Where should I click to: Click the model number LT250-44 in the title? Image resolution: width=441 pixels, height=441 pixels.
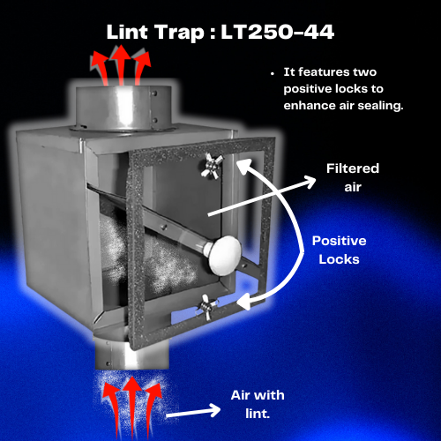pyautogui.click(x=278, y=32)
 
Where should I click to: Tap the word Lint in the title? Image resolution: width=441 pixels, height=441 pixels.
pyautogui.click(x=127, y=32)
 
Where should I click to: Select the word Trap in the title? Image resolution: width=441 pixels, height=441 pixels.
pyautogui.click(x=179, y=33)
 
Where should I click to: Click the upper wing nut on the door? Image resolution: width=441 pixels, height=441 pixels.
pyautogui.click(x=212, y=166)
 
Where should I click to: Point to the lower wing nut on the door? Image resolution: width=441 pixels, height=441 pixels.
pyautogui.click(x=207, y=307)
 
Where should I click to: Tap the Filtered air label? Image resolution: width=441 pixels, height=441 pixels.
pyautogui.click(x=353, y=177)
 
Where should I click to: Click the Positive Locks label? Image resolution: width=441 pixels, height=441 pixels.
pyautogui.click(x=340, y=250)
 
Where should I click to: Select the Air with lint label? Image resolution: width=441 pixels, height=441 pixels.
pyautogui.click(x=258, y=404)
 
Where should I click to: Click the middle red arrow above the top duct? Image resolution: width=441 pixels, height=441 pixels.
pyautogui.click(x=121, y=65)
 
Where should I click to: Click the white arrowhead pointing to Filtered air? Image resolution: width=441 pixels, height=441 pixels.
pyautogui.click(x=310, y=182)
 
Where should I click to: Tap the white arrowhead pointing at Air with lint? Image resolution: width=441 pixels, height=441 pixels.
pyautogui.click(x=214, y=410)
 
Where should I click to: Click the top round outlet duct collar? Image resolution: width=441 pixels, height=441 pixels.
pyautogui.click(x=123, y=108)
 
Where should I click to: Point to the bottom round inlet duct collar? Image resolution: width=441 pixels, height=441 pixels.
pyautogui.click(x=131, y=355)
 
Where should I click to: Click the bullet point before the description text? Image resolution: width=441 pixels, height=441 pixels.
pyautogui.click(x=273, y=73)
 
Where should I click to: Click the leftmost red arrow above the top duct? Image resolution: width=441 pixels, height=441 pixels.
pyautogui.click(x=100, y=67)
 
